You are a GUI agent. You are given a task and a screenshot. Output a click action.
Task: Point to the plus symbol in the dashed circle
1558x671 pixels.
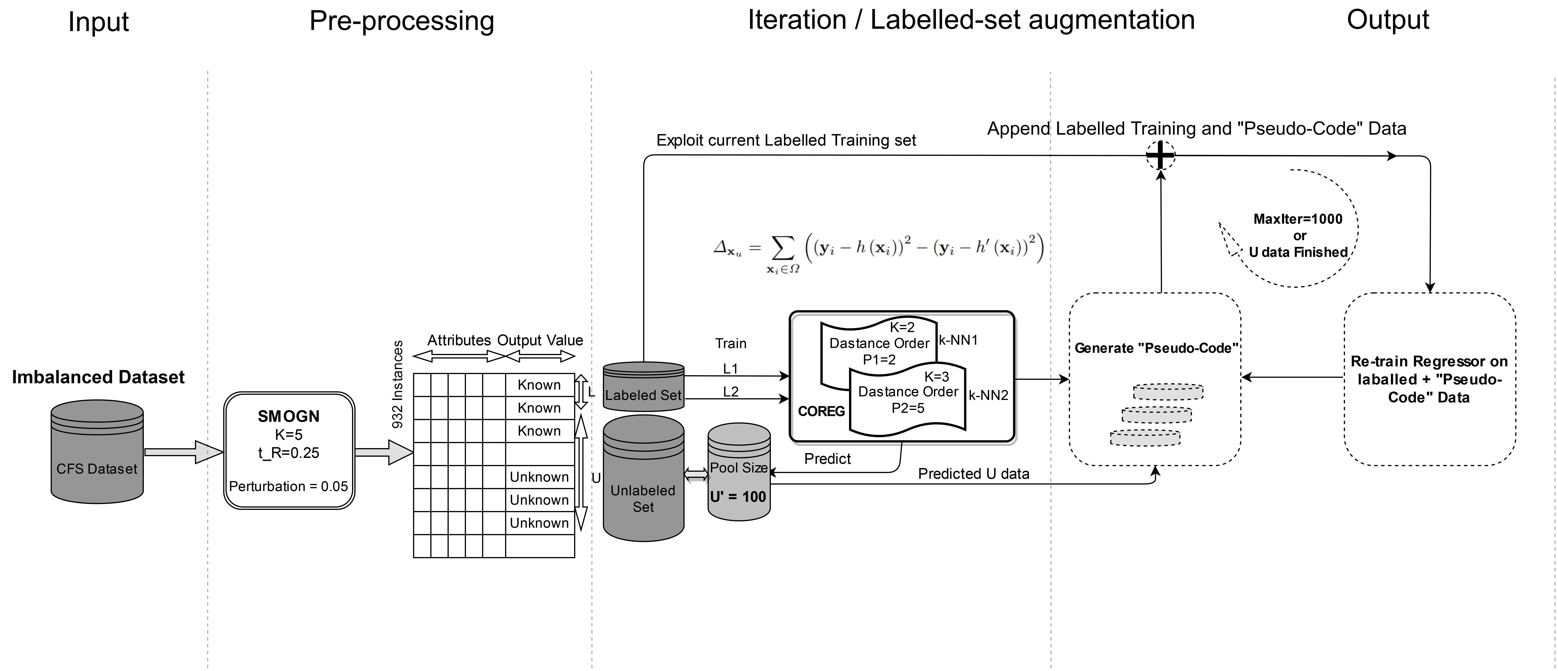click(1160, 156)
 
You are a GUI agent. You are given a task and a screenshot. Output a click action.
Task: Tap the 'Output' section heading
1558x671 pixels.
click(1388, 20)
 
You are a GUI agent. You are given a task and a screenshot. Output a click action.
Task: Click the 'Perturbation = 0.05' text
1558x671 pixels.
click(289, 486)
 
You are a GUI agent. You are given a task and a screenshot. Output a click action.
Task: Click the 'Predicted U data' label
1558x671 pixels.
click(973, 474)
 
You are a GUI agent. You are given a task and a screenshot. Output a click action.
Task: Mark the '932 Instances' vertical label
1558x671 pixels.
click(397, 385)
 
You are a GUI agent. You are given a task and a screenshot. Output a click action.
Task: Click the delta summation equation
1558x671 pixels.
click(878, 249)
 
